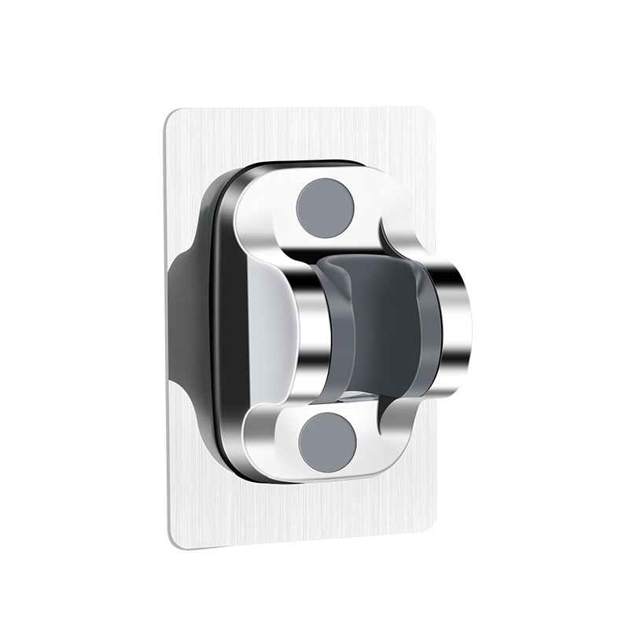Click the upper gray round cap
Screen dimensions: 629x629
pos(325,207)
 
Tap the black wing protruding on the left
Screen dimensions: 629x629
pos(179,322)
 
